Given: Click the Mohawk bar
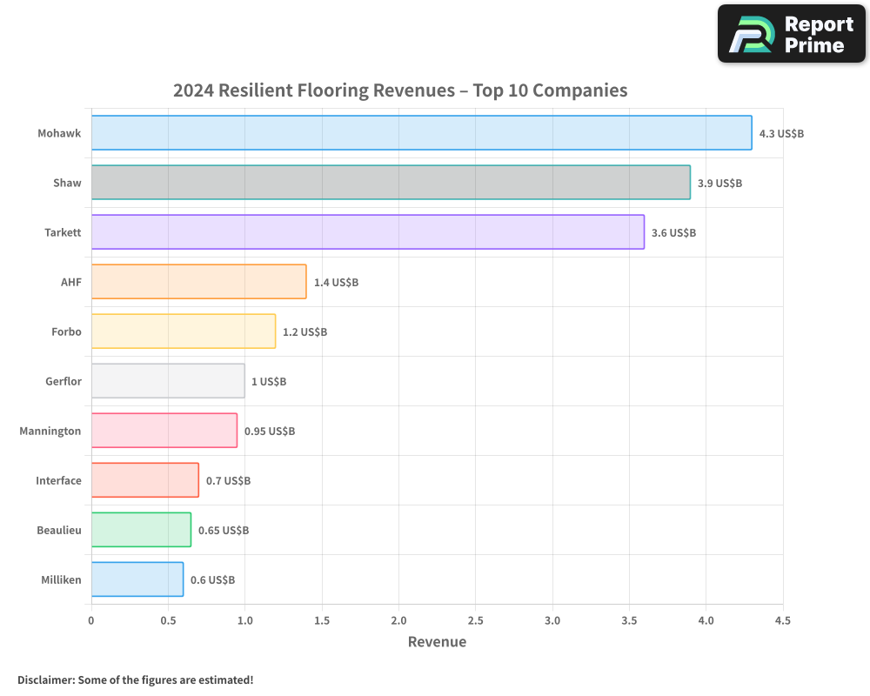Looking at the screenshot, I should (421, 133).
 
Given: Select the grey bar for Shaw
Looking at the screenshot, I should (391, 183).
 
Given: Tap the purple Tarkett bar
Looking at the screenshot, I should (367, 232).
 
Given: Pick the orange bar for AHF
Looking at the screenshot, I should (198, 282).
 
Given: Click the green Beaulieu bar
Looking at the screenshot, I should (141, 530).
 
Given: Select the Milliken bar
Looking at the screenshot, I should (137, 579).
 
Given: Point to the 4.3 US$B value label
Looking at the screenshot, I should (781, 134).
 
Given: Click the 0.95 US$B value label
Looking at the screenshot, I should (269, 432).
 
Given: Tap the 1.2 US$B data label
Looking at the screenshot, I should (304, 332).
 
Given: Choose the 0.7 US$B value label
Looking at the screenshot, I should (228, 481).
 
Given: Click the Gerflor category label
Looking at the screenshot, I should (64, 381).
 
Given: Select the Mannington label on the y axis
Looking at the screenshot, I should (50, 431).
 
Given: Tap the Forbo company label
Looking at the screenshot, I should (67, 331).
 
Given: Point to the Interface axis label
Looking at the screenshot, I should (58, 480).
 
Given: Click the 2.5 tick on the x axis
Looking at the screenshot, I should (475, 620).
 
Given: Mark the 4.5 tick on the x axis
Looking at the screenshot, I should (782, 620).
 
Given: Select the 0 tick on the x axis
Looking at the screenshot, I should (91, 620).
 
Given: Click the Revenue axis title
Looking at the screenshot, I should (437, 642).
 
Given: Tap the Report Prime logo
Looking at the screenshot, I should (791, 34).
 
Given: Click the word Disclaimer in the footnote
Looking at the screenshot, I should (45, 679).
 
